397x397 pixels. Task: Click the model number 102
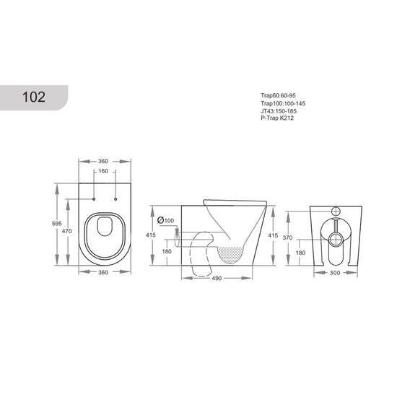coord(34,97)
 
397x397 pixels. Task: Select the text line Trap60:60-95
coord(278,95)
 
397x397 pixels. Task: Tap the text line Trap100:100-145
coord(283,103)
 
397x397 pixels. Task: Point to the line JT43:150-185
coord(279,111)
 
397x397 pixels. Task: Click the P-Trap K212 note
coord(277,118)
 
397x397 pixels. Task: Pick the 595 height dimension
coord(57,224)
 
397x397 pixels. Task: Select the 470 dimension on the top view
coord(67,231)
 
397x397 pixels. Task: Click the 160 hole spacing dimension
coord(103,171)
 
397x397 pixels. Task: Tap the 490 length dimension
coord(217,278)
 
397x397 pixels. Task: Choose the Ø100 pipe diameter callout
coord(165,220)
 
